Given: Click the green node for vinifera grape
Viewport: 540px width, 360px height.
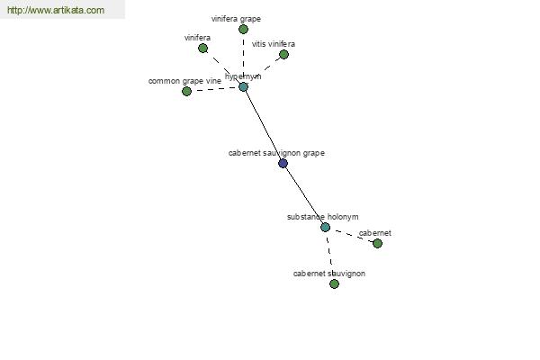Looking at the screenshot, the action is (x=243, y=30).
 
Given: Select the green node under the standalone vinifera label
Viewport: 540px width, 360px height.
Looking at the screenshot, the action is (x=202, y=49).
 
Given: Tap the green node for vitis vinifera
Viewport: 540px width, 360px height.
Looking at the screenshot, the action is (x=283, y=54).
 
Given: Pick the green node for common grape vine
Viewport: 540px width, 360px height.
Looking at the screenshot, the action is (x=186, y=91).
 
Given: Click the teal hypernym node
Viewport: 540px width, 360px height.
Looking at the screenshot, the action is (x=243, y=86).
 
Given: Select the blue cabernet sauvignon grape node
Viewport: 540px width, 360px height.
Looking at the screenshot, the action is (x=283, y=163).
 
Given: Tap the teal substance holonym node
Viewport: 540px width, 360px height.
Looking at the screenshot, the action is (x=325, y=227).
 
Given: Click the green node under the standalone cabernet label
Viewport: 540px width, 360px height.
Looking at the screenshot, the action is (x=377, y=244).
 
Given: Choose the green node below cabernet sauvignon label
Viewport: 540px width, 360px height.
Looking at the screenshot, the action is (x=334, y=283).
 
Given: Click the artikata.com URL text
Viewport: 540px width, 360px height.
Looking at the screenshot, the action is (x=56, y=10).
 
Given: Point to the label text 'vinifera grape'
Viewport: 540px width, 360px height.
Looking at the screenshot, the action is (x=236, y=19).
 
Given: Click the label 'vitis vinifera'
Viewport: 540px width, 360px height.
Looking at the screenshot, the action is (x=274, y=44).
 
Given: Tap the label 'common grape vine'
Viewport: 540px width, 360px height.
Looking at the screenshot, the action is (x=184, y=81).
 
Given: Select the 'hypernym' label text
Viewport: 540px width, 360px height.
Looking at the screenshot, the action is (x=243, y=76).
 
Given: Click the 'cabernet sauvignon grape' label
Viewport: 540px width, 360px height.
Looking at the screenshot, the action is (x=276, y=153).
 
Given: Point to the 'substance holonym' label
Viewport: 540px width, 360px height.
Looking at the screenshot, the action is (x=323, y=217).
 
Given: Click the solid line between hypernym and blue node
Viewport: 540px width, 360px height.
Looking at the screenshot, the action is (x=263, y=125).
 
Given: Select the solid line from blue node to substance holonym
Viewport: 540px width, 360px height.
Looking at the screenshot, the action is (x=304, y=195).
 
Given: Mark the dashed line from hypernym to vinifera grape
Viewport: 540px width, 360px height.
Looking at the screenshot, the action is (x=243, y=58).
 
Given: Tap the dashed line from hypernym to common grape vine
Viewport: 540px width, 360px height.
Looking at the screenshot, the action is (x=215, y=89).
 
